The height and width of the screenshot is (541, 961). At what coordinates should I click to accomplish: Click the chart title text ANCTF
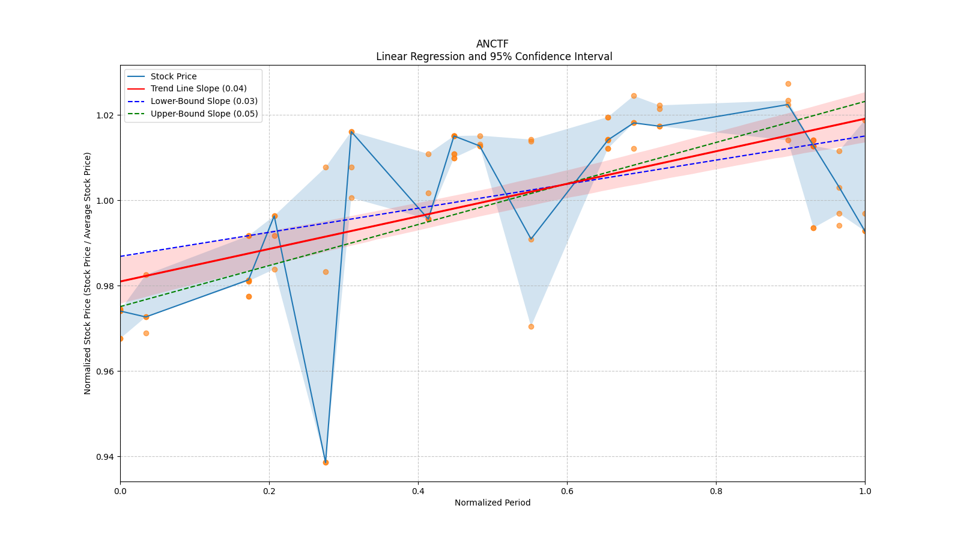492,44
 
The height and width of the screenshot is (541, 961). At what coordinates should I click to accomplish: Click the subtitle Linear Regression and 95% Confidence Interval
494,57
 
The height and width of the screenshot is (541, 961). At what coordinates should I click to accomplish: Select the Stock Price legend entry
173,76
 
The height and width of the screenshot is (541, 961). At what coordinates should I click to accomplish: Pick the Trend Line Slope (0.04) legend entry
198,89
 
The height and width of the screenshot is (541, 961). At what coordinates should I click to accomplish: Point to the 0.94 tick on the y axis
105,457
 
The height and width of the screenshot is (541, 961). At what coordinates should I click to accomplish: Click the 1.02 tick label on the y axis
105,115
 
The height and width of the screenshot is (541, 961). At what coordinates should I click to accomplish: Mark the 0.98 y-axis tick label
105,286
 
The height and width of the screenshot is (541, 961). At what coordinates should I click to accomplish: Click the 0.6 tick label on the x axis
567,491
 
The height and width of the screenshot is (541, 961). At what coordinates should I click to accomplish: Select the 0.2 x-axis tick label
269,491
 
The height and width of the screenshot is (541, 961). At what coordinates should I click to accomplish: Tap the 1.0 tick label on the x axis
865,491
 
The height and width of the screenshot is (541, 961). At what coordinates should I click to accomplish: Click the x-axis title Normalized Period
493,503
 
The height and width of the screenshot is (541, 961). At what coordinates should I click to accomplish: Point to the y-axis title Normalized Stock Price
88,274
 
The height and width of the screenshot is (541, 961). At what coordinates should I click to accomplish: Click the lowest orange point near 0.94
326,462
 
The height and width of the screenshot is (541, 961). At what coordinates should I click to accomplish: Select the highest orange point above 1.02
788,84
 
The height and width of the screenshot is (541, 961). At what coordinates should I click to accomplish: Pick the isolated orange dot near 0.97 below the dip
531,326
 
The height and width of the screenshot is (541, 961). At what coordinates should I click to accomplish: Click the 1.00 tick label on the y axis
105,201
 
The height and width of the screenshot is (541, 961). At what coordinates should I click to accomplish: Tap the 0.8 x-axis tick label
716,491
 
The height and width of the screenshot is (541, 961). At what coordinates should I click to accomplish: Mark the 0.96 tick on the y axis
105,371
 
